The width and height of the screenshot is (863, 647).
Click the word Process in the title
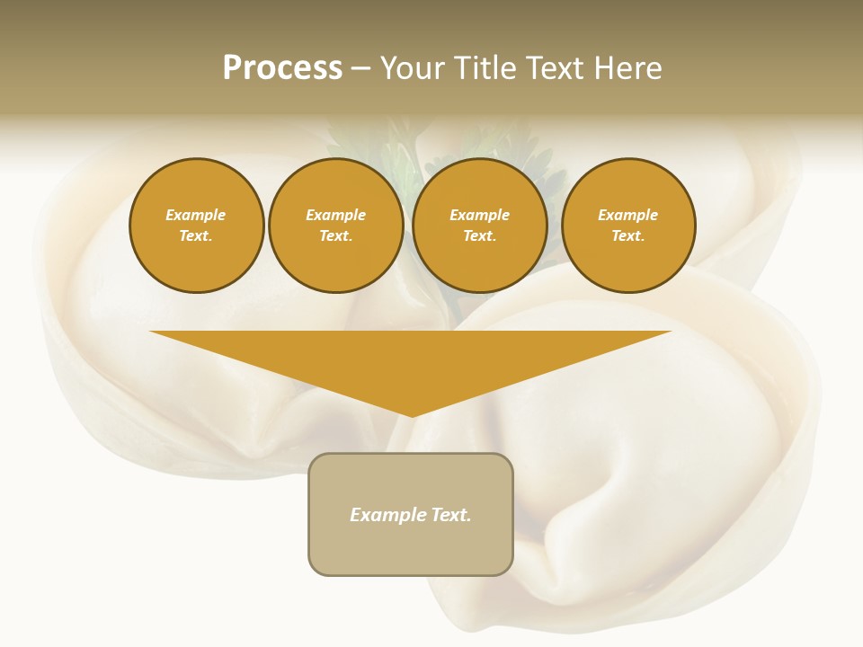pyautogui.click(x=282, y=68)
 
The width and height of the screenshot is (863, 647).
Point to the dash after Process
pyautogui.click(x=360, y=69)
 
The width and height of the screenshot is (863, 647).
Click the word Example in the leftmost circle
pyautogui.click(x=196, y=215)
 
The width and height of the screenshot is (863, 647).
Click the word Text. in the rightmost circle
pyautogui.click(x=628, y=236)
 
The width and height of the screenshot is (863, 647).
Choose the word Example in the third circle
pyautogui.click(x=480, y=215)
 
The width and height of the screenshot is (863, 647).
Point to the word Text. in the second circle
pyautogui.click(x=336, y=236)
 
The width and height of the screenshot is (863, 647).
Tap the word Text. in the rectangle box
pyautogui.click(x=450, y=515)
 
